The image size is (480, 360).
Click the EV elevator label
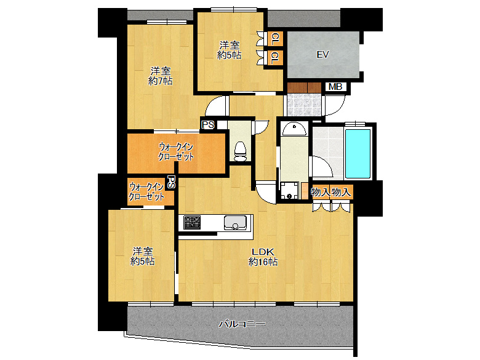(x=322, y=55)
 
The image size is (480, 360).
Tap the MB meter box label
(x=335, y=87)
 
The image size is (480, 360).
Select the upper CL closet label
(x=275, y=39)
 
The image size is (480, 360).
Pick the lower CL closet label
(x=275, y=58)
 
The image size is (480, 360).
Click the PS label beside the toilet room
(x=208, y=125)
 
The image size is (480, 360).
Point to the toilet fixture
(x=240, y=151)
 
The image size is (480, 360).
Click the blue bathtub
(x=358, y=154)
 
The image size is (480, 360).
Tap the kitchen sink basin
(x=235, y=222)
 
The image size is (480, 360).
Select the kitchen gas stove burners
(x=192, y=222)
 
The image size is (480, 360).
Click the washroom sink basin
(x=294, y=129)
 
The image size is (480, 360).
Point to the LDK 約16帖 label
(x=263, y=257)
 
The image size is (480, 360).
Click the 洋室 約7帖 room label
(x=161, y=76)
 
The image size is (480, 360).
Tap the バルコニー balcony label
(x=242, y=324)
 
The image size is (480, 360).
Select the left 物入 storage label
(x=321, y=192)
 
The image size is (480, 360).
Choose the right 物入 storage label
(x=341, y=192)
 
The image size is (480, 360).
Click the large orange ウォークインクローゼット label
(x=176, y=151)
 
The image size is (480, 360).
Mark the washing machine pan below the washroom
(x=289, y=190)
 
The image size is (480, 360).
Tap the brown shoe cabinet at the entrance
(x=304, y=87)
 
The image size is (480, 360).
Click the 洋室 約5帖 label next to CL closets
(x=230, y=50)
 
